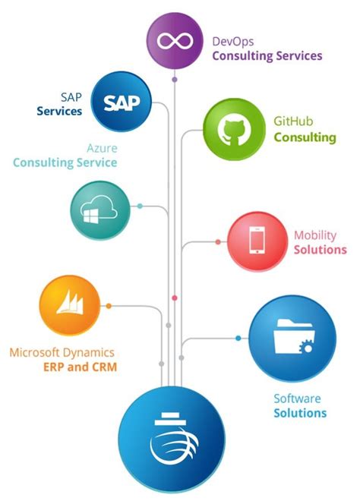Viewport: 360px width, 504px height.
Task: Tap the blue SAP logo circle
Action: pyautogui.click(x=122, y=102)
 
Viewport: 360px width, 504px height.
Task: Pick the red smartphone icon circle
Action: pyautogui.click(x=257, y=241)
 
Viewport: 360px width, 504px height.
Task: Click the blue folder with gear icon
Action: pyautogui.click(x=292, y=339)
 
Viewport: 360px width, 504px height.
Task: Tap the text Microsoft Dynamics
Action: pyautogui.click(x=62, y=353)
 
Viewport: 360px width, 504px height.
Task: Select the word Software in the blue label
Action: pyautogui.click(x=297, y=398)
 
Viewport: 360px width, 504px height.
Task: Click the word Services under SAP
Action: pyautogui.click(x=59, y=111)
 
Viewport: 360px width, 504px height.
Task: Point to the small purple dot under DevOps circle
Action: pyautogui.click(x=175, y=79)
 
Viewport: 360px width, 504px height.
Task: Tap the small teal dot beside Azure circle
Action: pyautogui.click(x=140, y=206)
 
